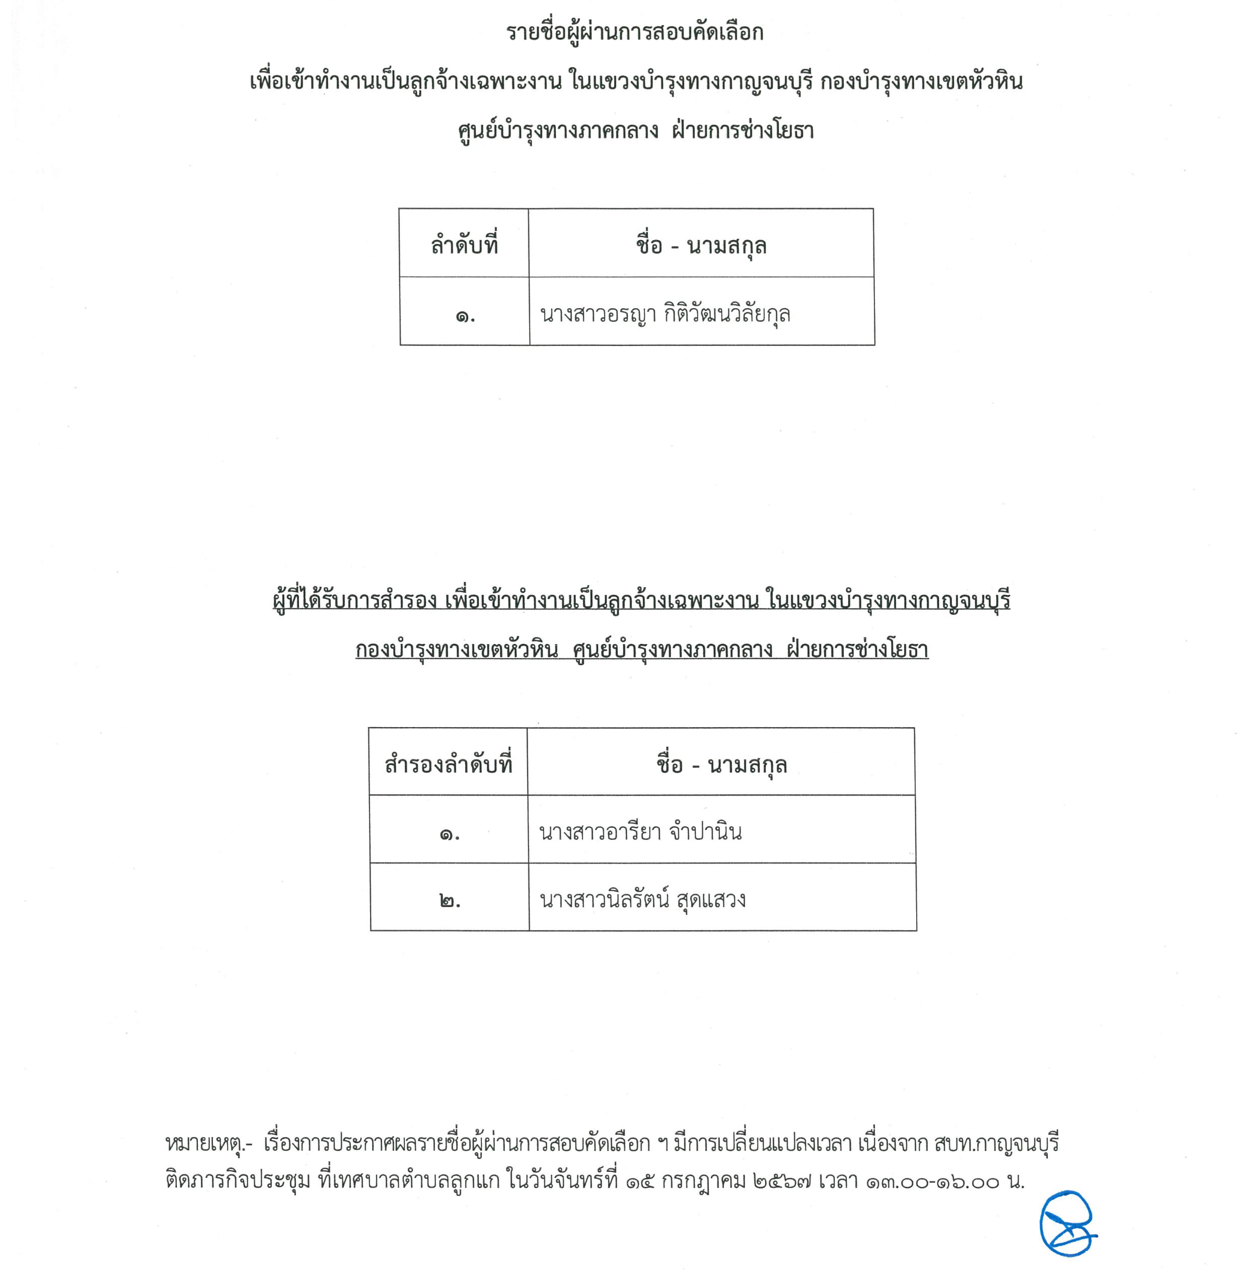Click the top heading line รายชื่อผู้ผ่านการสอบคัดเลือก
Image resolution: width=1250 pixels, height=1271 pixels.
[634, 33]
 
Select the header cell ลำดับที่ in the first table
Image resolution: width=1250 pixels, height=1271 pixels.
[464, 245]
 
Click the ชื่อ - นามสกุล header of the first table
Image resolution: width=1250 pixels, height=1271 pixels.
[700, 246]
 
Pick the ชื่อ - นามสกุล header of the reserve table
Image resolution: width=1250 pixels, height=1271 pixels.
[721, 764]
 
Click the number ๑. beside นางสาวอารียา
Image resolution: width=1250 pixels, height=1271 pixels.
[449, 835]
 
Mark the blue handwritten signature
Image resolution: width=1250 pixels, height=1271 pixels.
[1066, 1223]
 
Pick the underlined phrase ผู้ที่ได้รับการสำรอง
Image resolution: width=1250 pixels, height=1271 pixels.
[354, 600]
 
